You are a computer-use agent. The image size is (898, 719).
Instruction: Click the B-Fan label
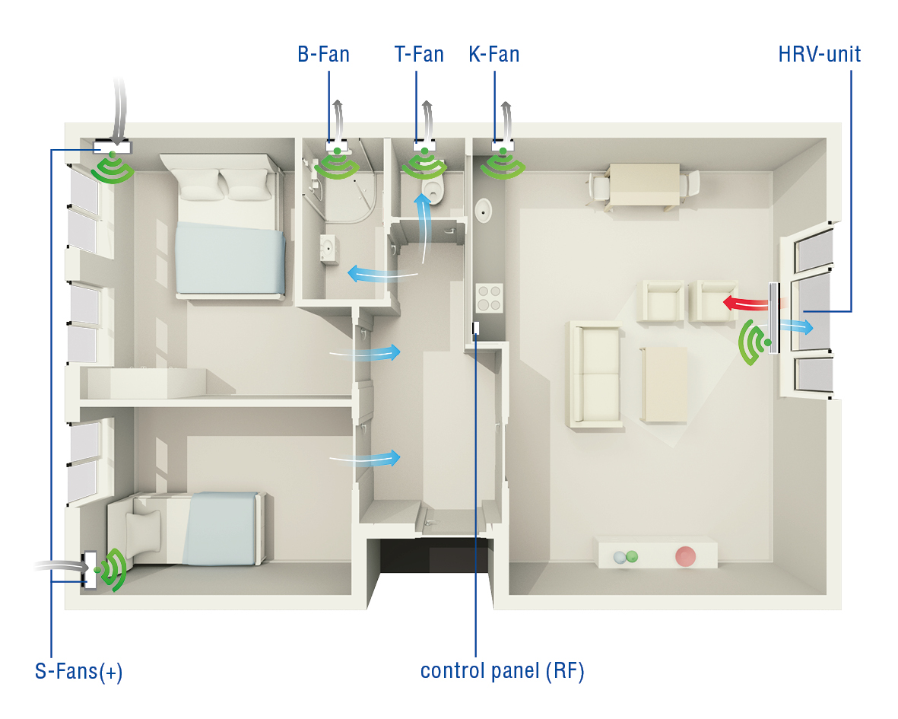[x=324, y=55]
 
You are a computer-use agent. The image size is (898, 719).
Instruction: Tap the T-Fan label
[x=419, y=55]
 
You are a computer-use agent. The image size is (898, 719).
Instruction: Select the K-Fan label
[x=494, y=55]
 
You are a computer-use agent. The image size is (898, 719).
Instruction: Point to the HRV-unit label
[x=819, y=55]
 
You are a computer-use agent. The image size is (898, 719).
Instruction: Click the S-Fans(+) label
[x=79, y=672]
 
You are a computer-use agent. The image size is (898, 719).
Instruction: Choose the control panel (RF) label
[x=503, y=671]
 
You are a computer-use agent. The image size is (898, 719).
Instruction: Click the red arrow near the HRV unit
[x=746, y=304]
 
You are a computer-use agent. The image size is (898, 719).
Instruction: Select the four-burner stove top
[x=489, y=297]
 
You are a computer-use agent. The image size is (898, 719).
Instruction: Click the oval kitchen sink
[x=484, y=210]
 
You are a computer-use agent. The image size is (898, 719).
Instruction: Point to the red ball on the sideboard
[x=685, y=555]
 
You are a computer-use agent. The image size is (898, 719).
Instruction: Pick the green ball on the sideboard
[x=632, y=555]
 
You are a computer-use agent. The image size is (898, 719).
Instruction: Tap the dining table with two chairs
[x=644, y=186]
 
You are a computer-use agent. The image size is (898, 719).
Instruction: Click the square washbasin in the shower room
[x=328, y=248]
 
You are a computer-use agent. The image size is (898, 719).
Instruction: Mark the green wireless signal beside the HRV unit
[x=753, y=342]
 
